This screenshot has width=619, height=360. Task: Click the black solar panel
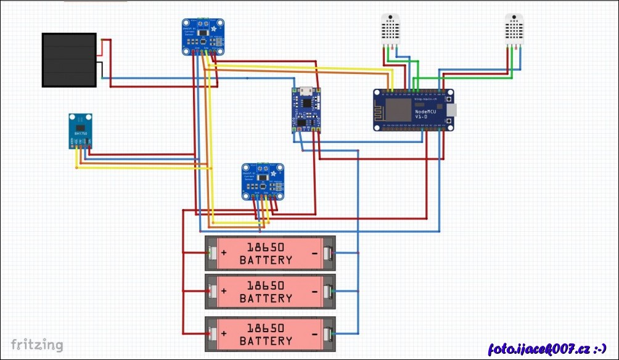(69, 60)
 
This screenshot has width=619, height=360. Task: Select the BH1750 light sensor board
(81, 131)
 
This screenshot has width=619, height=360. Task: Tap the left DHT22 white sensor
(390, 29)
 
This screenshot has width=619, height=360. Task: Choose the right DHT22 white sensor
(514, 29)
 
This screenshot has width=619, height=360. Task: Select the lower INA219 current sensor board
(263, 181)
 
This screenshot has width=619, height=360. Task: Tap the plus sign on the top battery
(224, 253)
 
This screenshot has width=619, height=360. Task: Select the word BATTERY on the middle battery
(266, 298)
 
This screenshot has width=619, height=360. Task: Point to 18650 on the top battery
(266, 248)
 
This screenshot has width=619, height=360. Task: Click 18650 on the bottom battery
(266, 329)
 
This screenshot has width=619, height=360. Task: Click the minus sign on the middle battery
(314, 292)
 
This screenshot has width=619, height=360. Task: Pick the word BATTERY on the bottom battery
(266, 341)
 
